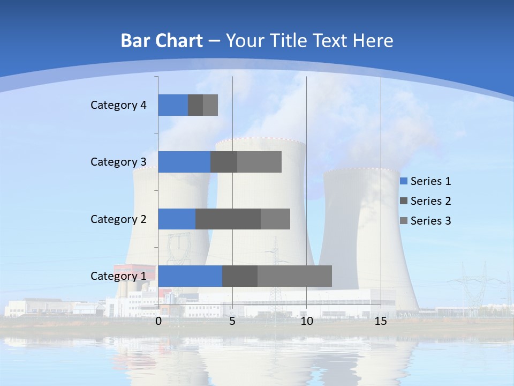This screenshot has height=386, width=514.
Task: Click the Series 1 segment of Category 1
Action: coord(190,276)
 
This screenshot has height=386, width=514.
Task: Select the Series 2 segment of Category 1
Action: coord(240,276)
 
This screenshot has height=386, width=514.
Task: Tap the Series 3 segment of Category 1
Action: coord(294,276)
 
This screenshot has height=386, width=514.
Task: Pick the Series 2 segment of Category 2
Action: coord(228,219)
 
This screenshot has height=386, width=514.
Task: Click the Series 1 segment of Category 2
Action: coord(177,219)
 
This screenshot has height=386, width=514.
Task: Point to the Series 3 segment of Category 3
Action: coord(259,162)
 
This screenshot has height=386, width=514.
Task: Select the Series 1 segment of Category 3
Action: coord(184,162)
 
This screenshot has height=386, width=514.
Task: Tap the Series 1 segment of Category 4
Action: coord(173,105)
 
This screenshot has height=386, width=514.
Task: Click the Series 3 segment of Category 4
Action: coord(210,105)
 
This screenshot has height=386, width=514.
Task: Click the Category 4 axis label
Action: coord(118,105)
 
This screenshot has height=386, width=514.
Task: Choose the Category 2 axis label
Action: coord(118,219)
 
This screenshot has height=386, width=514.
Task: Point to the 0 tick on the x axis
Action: coord(158,321)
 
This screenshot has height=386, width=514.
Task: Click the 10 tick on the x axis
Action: coord(306,321)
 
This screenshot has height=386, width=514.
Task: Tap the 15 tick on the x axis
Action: coord(381,321)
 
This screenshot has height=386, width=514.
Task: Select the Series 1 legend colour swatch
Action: coord(404,181)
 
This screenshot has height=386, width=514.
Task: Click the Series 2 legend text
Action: coord(430,201)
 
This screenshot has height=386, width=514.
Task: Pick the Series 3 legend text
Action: coord(430,221)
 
